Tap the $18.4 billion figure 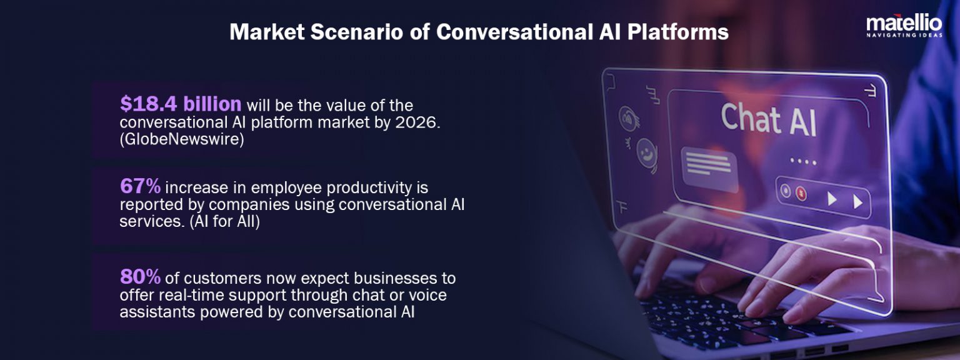click(181, 104)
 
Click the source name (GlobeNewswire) click(181, 140)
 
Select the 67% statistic click(140, 186)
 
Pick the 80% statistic click(140, 276)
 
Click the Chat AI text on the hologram click(768, 119)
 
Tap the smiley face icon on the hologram click(647, 152)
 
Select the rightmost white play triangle click(858, 201)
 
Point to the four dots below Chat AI click(803, 161)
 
